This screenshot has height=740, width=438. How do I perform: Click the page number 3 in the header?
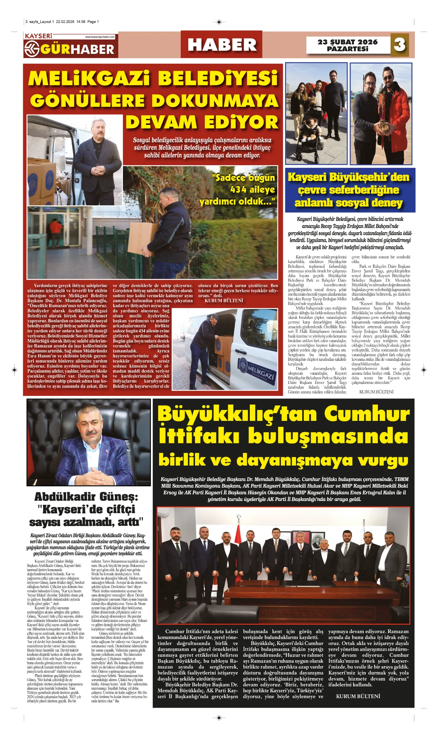pyautogui.click(x=399, y=45)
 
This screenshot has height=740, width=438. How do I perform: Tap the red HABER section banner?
pyautogui.click(x=221, y=44)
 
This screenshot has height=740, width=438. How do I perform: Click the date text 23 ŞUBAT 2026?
pyautogui.click(x=347, y=42)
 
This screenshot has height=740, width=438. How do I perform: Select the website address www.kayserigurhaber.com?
pyautogui.click(x=99, y=37)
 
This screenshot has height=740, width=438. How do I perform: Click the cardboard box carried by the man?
pyautogui.click(x=144, y=238)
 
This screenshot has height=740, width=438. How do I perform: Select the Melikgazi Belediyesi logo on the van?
pyautogui.click(x=257, y=369)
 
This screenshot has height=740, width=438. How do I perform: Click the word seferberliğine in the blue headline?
pyautogui.click(x=348, y=190)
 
